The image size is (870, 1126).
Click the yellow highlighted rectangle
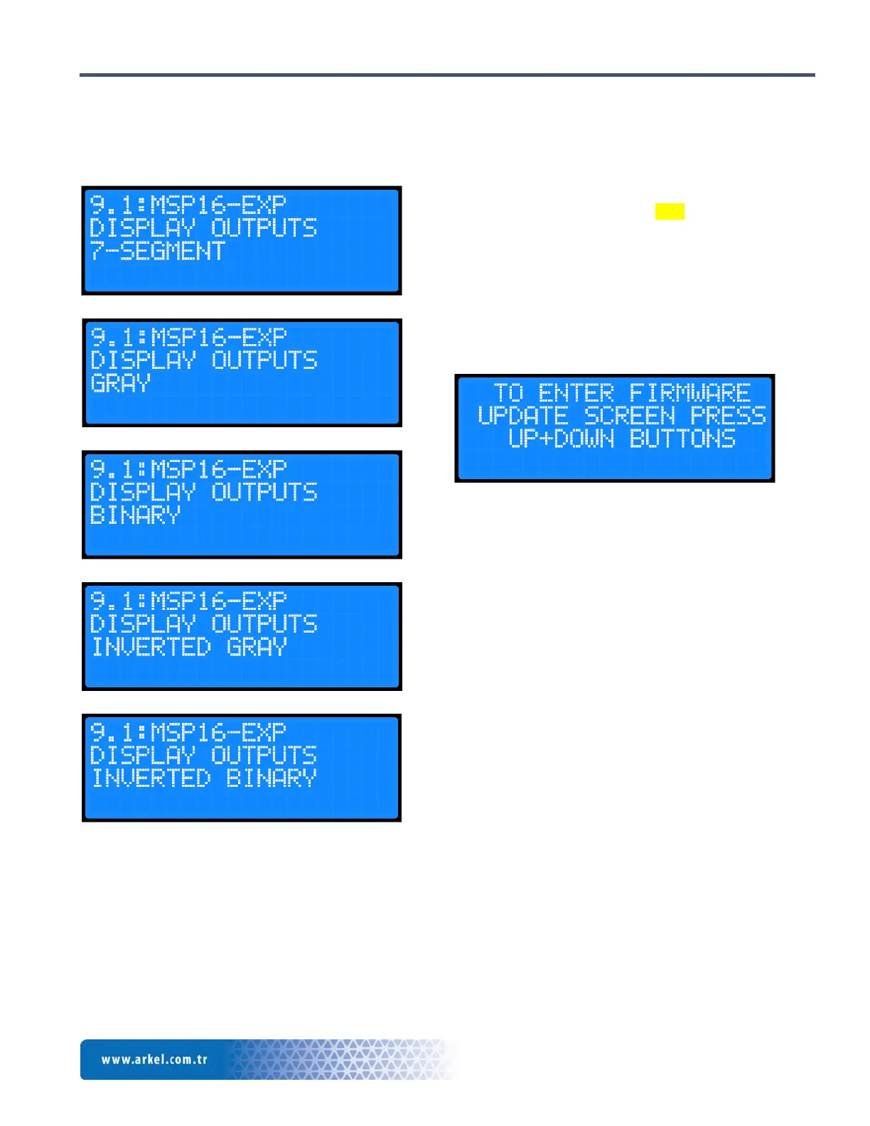point(670,211)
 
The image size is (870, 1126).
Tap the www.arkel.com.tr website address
point(154,1059)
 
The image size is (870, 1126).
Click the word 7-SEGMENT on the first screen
point(158,251)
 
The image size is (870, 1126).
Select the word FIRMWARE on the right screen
point(689,392)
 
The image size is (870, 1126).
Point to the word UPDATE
point(523,415)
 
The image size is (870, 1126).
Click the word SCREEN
point(629,415)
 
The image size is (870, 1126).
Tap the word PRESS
point(728,415)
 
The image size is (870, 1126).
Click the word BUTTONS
point(682,438)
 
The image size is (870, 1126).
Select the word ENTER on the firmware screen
point(576,392)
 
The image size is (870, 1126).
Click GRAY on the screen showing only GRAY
point(121,383)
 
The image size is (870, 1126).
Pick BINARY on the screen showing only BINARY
point(136,515)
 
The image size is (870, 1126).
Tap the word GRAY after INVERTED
point(257,647)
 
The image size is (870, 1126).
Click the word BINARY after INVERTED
point(272,778)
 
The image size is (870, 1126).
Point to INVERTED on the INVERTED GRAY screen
point(151,647)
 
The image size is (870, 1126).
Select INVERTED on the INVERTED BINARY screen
point(151,778)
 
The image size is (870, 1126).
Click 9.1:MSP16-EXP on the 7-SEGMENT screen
point(188,205)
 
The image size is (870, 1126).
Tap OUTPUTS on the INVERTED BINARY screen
point(264,755)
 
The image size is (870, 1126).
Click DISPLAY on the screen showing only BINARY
point(143,492)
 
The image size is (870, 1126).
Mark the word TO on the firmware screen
point(508,392)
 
